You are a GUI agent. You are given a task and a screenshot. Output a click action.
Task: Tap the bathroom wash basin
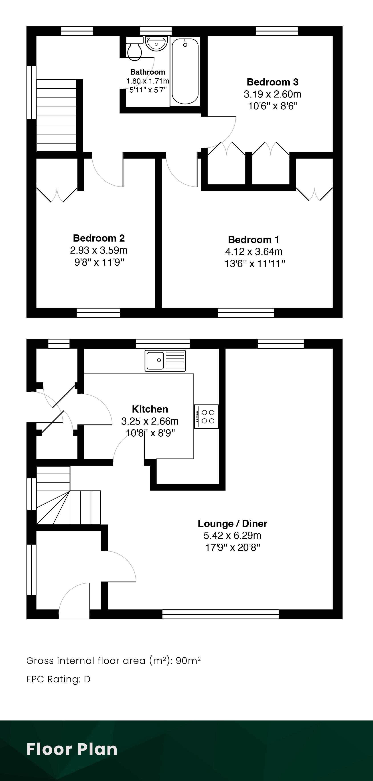click(156, 44)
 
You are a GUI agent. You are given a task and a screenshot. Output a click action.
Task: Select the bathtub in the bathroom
click(185, 71)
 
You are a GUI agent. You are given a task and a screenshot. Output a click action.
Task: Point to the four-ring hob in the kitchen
click(206, 417)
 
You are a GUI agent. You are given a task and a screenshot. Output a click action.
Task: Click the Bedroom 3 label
click(272, 82)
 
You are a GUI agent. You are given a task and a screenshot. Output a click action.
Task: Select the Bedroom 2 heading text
click(99, 238)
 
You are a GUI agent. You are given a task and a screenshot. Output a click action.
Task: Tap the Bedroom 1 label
click(254, 240)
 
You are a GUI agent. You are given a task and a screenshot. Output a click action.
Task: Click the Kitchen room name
click(150, 409)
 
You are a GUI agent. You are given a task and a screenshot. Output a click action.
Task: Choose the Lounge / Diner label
click(232, 524)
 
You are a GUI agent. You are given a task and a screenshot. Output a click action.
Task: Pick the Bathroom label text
click(148, 72)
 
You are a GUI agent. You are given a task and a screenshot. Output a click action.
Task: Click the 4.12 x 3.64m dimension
click(254, 252)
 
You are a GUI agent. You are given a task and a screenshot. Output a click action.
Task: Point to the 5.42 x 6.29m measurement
click(232, 536)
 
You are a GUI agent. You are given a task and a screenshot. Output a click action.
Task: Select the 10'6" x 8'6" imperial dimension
click(273, 106)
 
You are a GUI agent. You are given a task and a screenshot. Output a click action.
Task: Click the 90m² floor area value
click(188, 661)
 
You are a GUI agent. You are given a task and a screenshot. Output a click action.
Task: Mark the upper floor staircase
click(57, 116)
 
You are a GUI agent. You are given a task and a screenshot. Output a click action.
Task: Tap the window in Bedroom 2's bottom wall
click(98, 313)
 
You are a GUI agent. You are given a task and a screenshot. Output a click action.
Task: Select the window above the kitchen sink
click(163, 344)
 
